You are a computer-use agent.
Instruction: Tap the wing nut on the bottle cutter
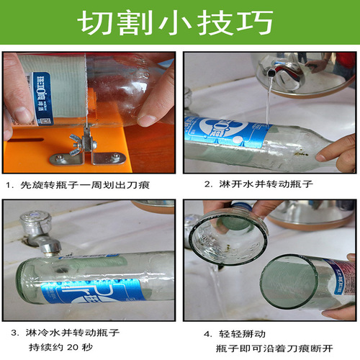tap(76, 139)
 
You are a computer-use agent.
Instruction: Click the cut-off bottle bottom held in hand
tap(228, 241)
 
